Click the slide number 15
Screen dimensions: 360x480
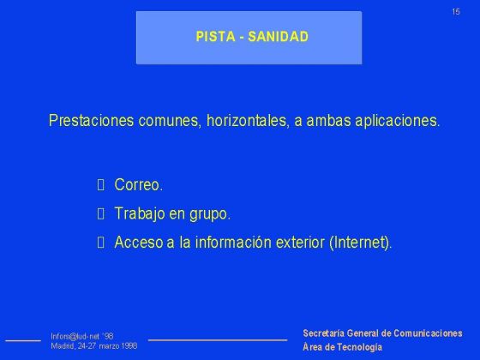click(x=456, y=11)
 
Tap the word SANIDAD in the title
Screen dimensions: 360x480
click(x=278, y=37)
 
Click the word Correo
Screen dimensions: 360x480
click(x=138, y=185)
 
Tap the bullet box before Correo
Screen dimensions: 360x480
click(x=101, y=185)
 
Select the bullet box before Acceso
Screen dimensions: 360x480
click(x=101, y=243)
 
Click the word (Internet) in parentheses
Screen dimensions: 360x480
click(x=360, y=243)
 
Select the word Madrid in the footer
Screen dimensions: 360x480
click(x=63, y=346)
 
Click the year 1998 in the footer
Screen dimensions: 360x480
click(x=128, y=346)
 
